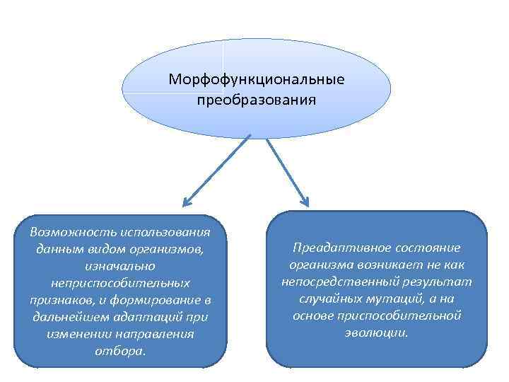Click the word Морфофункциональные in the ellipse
coord(257,79)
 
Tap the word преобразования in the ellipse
coord(257,99)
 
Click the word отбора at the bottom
coord(122,350)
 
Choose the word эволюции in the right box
coord(377,332)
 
